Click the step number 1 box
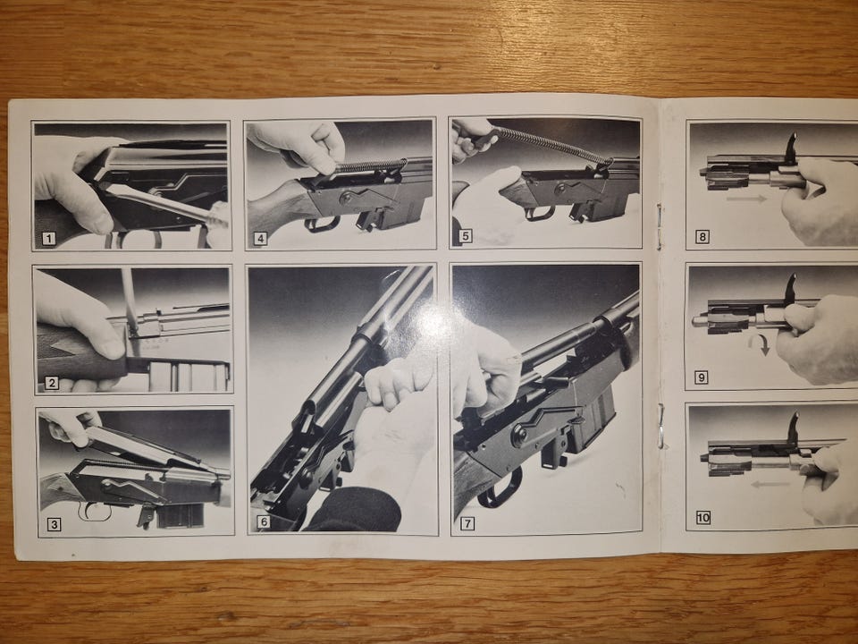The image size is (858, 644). pos(49,239)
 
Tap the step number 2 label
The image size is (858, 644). pos(52,382)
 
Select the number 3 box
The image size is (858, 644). pos(54,525)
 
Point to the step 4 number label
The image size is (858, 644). pos(260,239)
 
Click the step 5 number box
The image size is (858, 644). pos(466,237)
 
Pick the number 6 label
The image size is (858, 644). pos(264,522)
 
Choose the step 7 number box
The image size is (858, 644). pos(467,523)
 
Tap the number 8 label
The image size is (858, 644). pos(702,237)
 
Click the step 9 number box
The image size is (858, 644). pos(702,377)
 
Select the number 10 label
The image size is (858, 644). pos(702,518)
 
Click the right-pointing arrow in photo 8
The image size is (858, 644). pos(747,199)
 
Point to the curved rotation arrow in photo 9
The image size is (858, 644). pos(760,344)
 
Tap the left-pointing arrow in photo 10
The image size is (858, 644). pos(771,484)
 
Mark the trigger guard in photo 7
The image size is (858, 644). pos(500,490)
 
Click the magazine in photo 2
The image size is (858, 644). pos(188,376)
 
